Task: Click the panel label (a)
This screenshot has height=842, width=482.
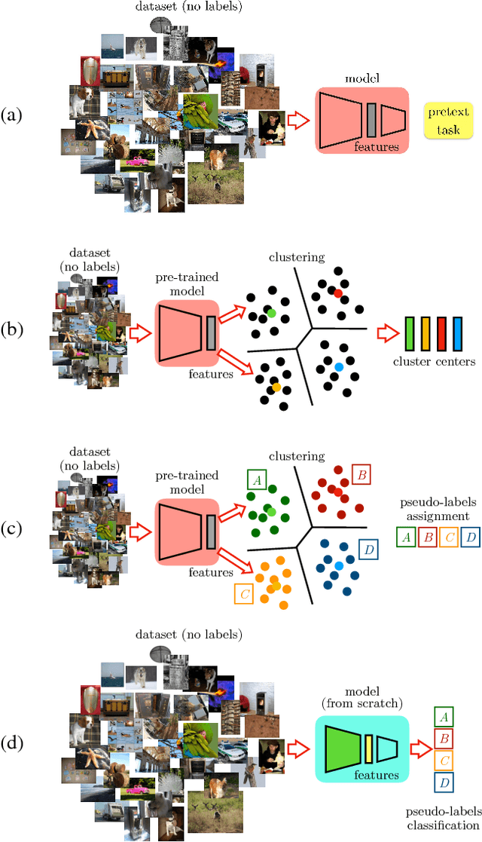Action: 12,115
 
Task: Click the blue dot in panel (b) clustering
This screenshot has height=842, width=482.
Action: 339,367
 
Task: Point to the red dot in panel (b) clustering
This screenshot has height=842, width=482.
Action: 339,292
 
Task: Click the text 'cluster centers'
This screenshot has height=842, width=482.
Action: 434,362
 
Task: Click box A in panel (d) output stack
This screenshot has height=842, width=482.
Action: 444,718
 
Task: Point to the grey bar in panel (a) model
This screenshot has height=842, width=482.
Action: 371,118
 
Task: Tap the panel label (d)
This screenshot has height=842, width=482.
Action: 12,742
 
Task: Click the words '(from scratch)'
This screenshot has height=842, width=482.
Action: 361,704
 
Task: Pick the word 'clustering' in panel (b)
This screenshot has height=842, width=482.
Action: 297,257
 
